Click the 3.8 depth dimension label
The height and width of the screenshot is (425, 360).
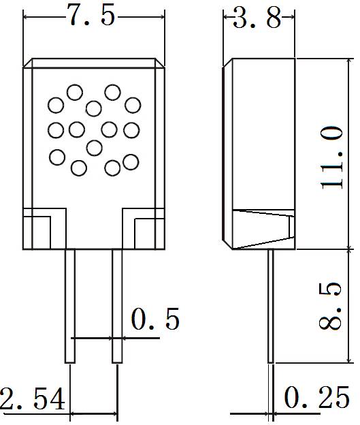pos(257,18)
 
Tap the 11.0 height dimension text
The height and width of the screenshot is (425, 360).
pos(331,157)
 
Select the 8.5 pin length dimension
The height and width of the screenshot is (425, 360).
pos(329,306)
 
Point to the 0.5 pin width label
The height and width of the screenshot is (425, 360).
pos(155,319)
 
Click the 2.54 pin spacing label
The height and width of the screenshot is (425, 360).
pos(33,398)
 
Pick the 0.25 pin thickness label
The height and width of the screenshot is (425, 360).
pos(316,398)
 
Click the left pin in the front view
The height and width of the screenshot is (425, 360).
pos(69,306)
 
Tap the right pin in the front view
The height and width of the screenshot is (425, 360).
pos(117,306)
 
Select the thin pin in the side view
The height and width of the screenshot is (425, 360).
pos(271,306)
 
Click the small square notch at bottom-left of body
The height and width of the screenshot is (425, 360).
pos(37,233)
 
